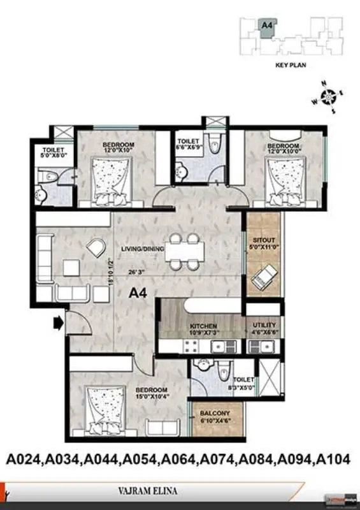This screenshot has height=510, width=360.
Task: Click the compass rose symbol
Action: click(x=329, y=97)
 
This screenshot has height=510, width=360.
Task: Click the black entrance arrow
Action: click(x=58, y=323)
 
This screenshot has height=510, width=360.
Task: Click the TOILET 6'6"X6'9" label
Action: click(x=189, y=143)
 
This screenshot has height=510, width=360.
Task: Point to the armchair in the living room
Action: click(x=96, y=247)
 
